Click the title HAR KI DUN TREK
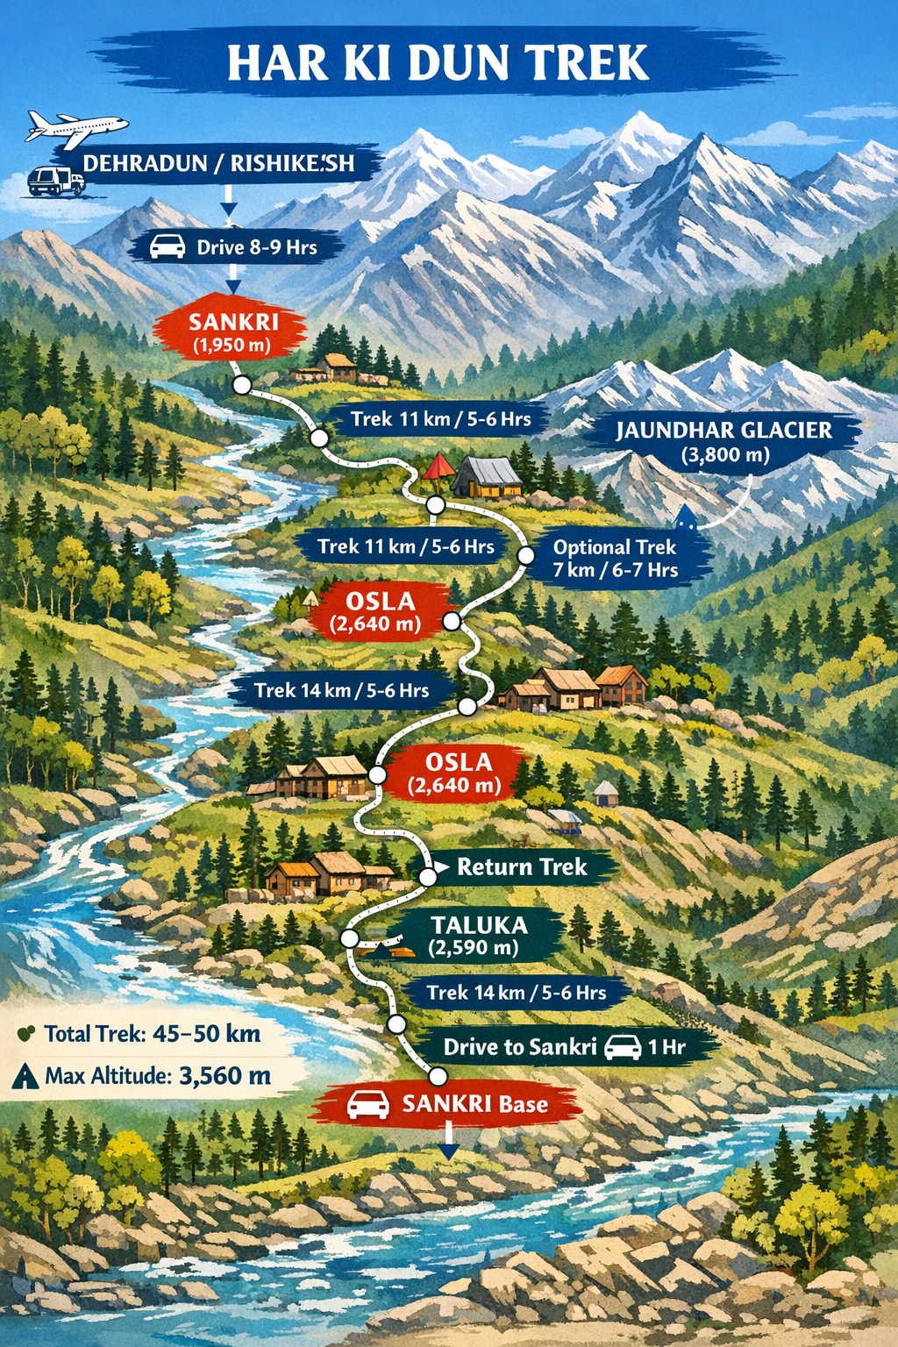click(438, 63)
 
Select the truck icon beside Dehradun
click(56, 182)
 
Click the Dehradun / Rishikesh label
click(219, 163)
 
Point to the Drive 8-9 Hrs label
click(256, 247)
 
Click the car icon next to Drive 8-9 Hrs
click(167, 247)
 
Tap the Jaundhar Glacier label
click(723, 441)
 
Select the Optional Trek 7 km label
click(615, 559)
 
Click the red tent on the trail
click(436, 467)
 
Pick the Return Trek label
click(522, 867)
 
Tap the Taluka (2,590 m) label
click(478, 935)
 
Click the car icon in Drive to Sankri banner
click(623, 1046)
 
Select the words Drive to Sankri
click(519, 1046)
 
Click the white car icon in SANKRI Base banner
click(368, 1104)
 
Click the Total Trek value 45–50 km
click(206, 1033)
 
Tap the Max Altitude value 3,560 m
click(224, 1075)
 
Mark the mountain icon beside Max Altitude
click(25, 1076)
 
